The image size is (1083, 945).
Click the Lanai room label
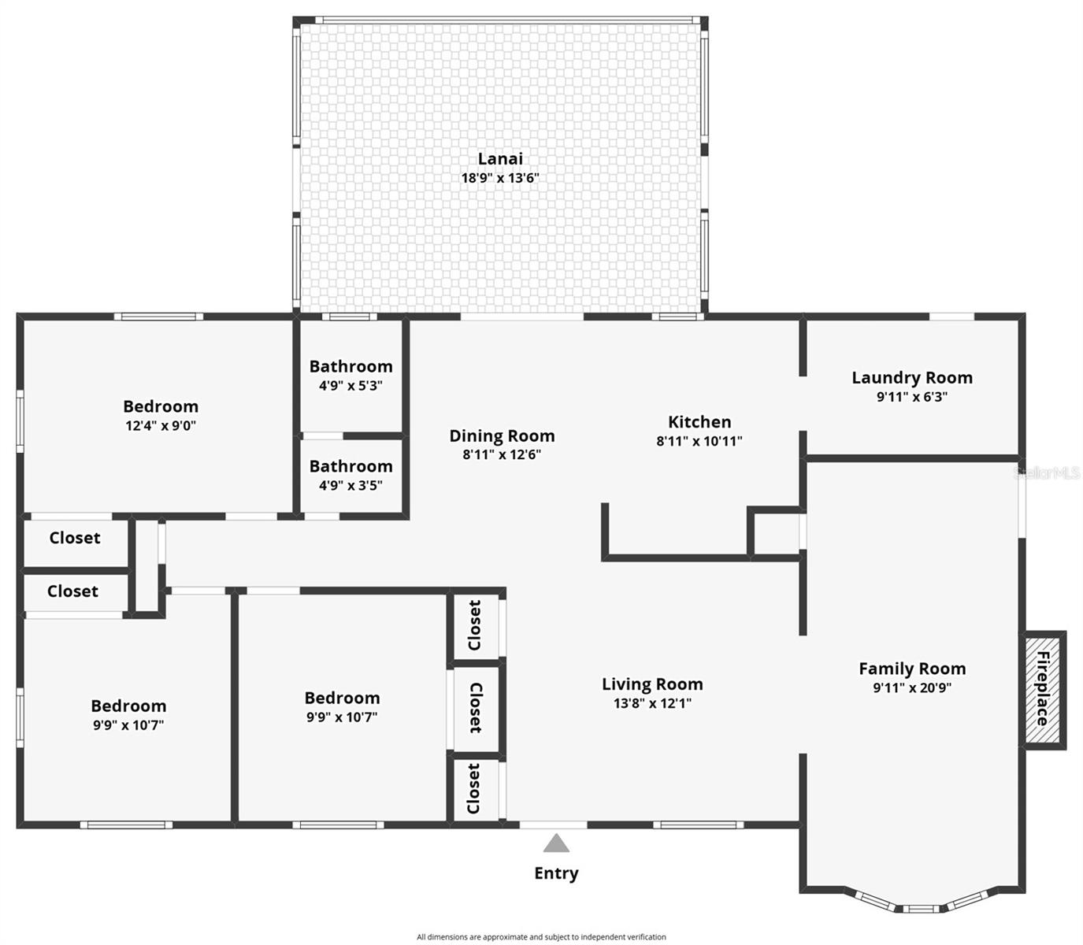(x=500, y=159)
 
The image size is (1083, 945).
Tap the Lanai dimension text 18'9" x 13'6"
(x=500, y=178)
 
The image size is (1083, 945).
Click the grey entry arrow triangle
(x=556, y=843)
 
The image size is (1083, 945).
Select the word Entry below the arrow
(x=556, y=873)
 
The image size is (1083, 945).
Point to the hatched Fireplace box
(x=1044, y=689)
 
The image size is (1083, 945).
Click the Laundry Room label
(x=912, y=378)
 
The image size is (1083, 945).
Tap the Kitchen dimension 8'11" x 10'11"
(x=699, y=441)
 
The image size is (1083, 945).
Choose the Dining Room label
(x=502, y=436)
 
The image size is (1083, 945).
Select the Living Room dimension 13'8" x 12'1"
(x=652, y=703)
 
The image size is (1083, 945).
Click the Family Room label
(x=912, y=669)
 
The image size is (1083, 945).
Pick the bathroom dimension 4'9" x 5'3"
(x=350, y=386)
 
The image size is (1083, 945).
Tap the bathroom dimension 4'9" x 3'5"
(x=350, y=486)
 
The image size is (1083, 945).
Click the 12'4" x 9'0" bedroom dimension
(x=161, y=426)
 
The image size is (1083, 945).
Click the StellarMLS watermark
(x=1047, y=473)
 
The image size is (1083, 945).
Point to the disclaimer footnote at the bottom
(x=541, y=937)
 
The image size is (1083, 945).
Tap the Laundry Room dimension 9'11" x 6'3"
(x=912, y=397)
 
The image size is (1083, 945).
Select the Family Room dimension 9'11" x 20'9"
(x=912, y=687)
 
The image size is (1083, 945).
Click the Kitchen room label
(x=699, y=422)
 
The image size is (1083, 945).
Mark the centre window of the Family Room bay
(x=921, y=908)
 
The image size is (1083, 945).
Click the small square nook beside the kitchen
(x=776, y=532)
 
